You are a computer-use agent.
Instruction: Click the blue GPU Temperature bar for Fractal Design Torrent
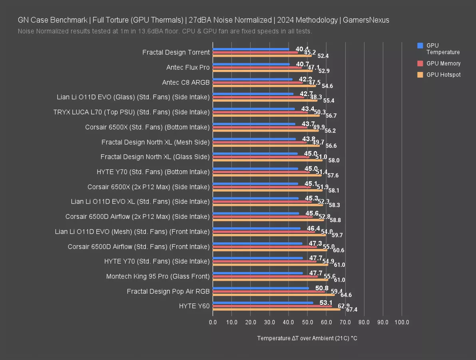251,49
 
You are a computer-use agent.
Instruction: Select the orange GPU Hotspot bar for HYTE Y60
277,309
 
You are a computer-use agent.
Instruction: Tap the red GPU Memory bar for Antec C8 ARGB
258,83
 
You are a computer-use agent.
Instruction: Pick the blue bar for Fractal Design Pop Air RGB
261,288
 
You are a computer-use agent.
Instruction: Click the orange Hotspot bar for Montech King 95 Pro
270,280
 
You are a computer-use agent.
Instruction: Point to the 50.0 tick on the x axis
307,322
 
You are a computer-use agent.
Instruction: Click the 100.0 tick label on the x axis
402,322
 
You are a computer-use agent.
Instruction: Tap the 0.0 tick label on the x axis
213,322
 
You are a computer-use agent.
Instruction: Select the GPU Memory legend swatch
420,63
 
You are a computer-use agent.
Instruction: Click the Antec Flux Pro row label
188,68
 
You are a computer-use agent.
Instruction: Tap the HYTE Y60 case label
194,306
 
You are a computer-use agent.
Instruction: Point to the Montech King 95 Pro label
158,276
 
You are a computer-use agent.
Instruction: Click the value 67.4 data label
352,310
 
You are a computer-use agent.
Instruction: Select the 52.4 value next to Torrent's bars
323,56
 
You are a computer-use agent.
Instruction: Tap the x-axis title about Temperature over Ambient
307,338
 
